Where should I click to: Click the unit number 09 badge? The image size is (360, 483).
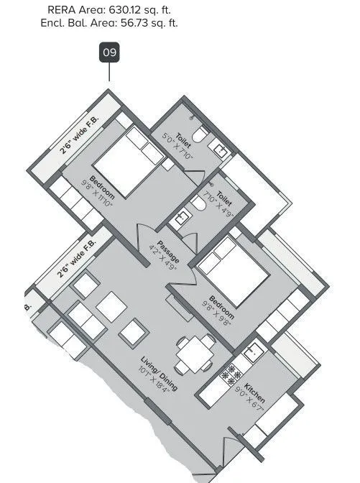coord(109,52)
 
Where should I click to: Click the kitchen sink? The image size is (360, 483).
coord(252,353)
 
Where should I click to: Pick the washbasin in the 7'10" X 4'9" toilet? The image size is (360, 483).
coord(183,216)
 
